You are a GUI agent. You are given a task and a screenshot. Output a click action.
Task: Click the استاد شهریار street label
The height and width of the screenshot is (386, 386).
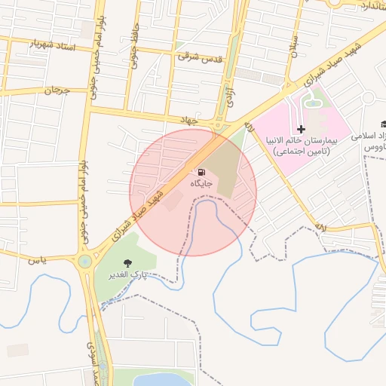[54, 45]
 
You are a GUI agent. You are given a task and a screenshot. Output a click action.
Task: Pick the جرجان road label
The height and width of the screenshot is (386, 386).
[55, 91]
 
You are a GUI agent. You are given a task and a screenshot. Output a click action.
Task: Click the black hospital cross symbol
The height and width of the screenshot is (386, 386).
[301, 130]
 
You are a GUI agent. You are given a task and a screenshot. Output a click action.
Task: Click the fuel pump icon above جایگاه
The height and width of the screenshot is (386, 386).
[201, 172]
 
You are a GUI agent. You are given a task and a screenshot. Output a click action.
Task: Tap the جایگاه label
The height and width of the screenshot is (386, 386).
[201, 183]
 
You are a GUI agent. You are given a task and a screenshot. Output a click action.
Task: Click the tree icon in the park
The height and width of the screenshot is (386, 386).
[127, 263]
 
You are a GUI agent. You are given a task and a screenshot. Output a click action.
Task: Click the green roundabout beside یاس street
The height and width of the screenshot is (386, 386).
[84, 262]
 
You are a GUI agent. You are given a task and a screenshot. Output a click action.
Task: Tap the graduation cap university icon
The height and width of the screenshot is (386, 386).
[384, 124]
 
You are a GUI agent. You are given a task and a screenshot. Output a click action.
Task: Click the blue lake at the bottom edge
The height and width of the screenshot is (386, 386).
[162, 379]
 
